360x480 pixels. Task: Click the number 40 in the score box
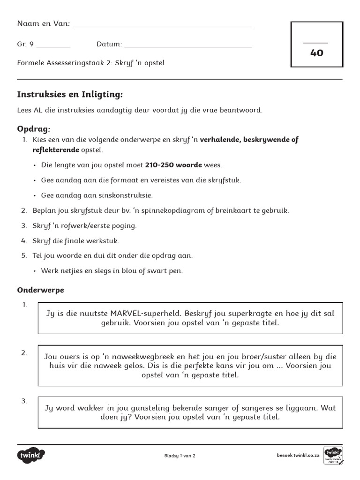point(316,52)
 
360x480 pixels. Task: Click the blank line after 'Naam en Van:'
point(162,26)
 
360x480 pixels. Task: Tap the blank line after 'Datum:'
point(187,46)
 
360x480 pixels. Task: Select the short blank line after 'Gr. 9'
point(53,46)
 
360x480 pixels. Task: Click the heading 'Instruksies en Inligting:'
point(70,95)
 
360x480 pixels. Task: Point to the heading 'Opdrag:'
point(33,129)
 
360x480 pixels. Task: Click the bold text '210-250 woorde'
point(173,165)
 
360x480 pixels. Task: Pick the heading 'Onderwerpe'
point(40,290)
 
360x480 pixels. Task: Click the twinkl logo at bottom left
point(31,455)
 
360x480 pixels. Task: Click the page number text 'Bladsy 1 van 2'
point(180,456)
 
